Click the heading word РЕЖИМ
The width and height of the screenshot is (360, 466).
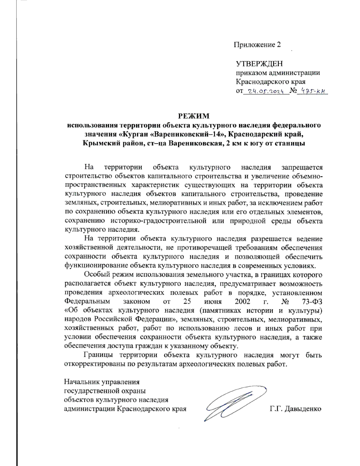click(x=193, y=116)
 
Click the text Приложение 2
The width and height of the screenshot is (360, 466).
click(x=257, y=45)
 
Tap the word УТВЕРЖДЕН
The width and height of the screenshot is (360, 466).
click(x=259, y=64)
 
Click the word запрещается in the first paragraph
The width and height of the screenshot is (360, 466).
click(x=302, y=167)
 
